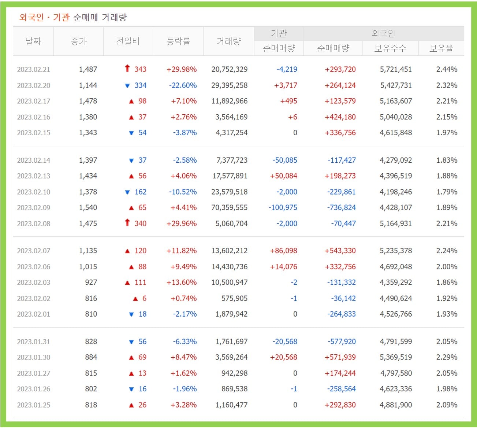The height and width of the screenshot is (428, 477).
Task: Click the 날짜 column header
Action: [x=33, y=41]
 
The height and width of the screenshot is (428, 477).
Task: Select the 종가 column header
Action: [x=79, y=41]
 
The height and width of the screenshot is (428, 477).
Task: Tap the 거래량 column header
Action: [x=228, y=41]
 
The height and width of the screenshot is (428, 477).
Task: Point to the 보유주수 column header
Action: [x=390, y=48]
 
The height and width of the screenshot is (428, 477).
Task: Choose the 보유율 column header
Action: [x=441, y=48]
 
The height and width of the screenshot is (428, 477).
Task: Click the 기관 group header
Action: [x=279, y=33]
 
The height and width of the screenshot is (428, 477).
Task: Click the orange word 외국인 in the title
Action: [x=31, y=17]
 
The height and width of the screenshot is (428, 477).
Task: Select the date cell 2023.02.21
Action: [x=34, y=69]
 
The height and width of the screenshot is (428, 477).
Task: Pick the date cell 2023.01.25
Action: [x=34, y=405]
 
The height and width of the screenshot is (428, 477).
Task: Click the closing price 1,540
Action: [x=88, y=207]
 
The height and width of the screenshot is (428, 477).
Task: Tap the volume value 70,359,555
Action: [x=230, y=207]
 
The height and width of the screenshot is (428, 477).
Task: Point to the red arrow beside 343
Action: [x=127, y=68]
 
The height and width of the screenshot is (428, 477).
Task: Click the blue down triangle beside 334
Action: [x=127, y=86]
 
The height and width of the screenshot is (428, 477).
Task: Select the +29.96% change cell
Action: [x=182, y=224]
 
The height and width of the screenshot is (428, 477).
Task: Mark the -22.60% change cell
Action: [x=183, y=85]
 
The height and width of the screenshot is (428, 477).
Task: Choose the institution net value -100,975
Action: [x=283, y=207]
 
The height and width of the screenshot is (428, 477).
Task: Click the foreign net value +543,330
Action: [x=340, y=251]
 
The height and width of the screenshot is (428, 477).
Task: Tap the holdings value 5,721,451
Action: [x=396, y=69]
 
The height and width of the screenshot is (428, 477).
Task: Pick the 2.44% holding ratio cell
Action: [x=447, y=69]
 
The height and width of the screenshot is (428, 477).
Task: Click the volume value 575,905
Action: [x=234, y=298]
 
